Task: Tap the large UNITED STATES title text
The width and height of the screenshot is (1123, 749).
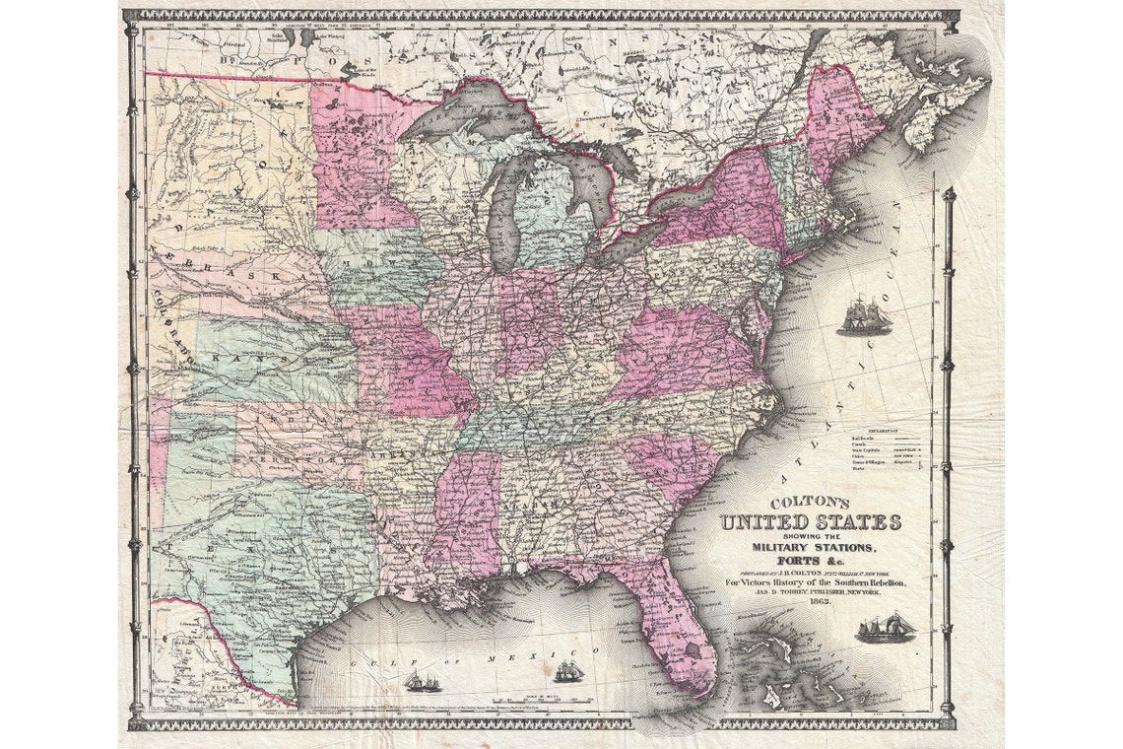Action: pyautogui.click(x=810, y=522)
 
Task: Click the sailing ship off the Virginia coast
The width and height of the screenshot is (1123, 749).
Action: pyautogui.click(x=864, y=318)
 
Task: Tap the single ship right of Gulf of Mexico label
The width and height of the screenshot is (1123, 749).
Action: pyautogui.click(x=568, y=672)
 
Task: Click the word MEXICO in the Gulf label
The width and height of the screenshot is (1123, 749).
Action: pyautogui.click(x=568, y=653)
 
